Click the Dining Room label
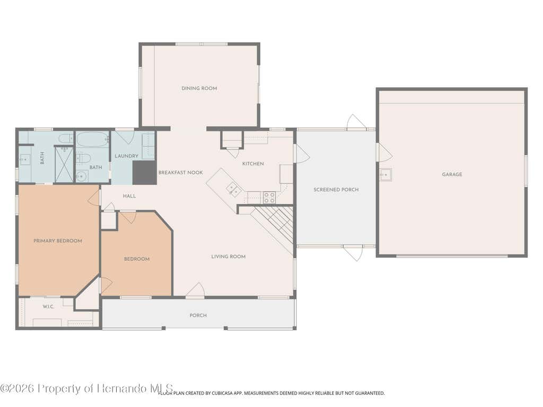point(199,89)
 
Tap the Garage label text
point(452,174)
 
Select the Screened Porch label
point(336,190)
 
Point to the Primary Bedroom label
point(58,241)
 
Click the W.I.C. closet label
point(48,307)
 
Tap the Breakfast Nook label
point(180,172)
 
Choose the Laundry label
point(126,156)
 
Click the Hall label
point(129,196)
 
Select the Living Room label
point(228,256)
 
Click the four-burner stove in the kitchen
point(269,198)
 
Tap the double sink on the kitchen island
point(234,190)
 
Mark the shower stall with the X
point(64,164)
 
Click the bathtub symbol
point(92,139)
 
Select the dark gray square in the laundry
point(144,173)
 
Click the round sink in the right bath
point(81,176)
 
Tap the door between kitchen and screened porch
point(301,153)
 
